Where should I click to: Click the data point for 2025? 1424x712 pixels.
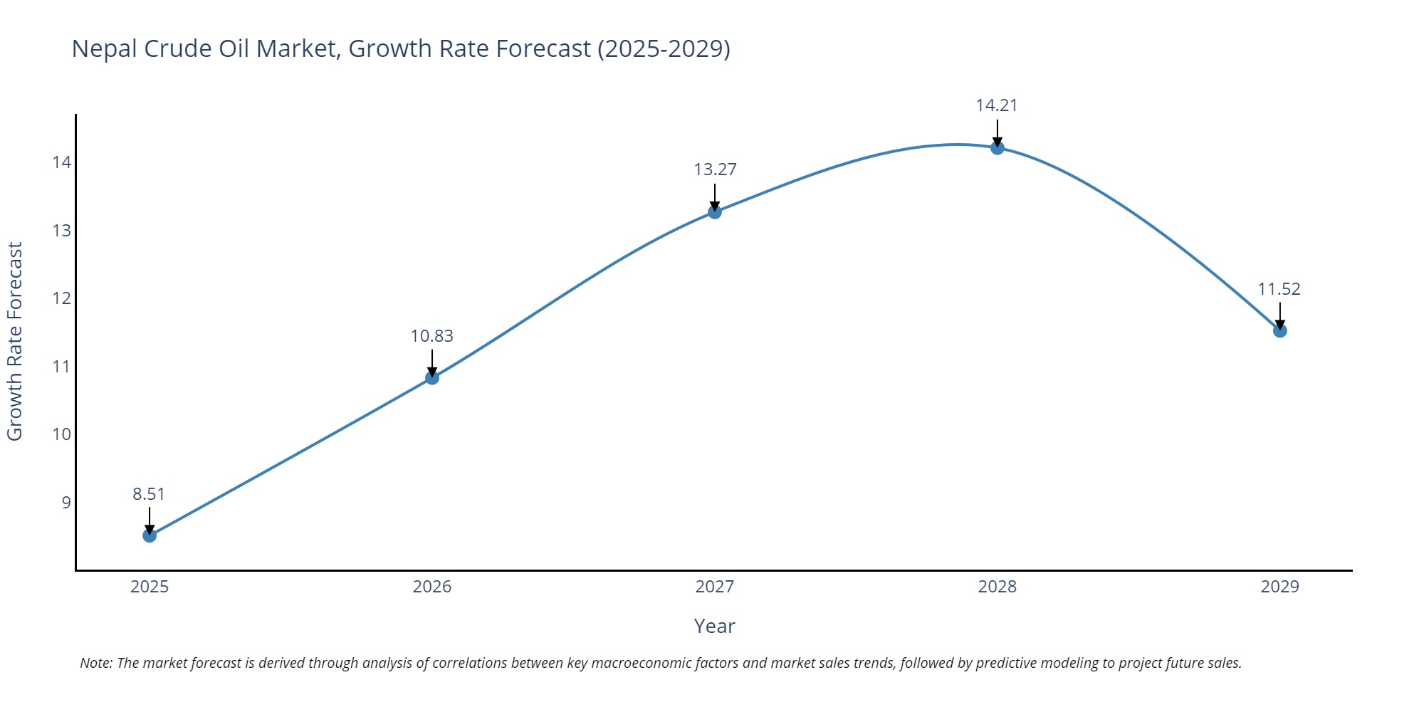[150, 535]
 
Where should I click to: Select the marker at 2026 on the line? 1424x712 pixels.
[432, 377]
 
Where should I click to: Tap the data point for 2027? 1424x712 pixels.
[715, 211]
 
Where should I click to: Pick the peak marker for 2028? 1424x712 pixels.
[998, 147]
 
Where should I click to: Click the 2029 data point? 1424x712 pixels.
[1280, 330]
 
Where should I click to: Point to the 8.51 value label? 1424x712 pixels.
[149, 494]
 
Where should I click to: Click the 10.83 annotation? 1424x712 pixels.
[431, 336]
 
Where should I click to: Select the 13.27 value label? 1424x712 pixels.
[715, 169]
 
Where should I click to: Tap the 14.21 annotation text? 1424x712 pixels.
[997, 105]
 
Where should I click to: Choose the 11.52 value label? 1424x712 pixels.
[1279, 289]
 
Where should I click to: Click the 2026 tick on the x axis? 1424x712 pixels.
[432, 587]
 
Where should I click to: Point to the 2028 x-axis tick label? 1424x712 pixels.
[998, 587]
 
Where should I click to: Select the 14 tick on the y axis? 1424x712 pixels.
[62, 162]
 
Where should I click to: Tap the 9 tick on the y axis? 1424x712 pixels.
[66, 503]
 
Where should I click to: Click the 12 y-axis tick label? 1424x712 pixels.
[62, 298]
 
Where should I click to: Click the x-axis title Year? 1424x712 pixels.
[714, 626]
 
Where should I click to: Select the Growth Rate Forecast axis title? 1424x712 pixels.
[15, 341]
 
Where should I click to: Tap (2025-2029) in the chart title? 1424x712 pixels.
[664, 48]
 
